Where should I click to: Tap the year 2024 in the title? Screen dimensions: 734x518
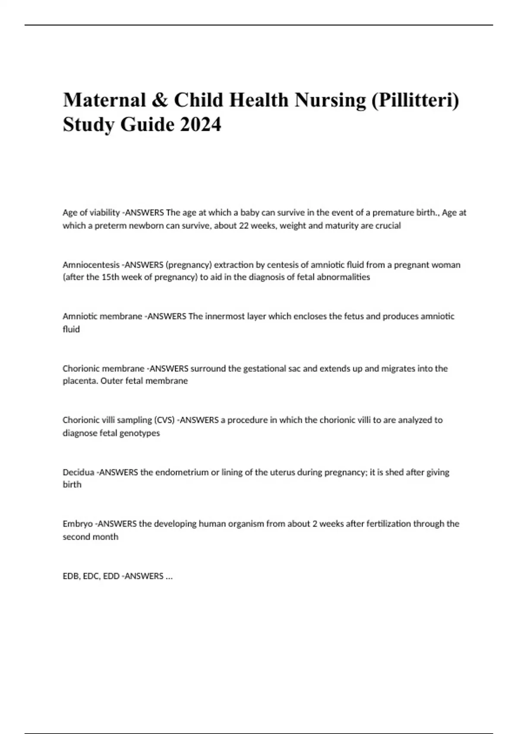pyautogui.click(x=201, y=125)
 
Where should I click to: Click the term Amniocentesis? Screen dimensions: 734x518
pyautogui.click(x=91, y=265)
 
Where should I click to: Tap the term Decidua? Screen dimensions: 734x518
pyautogui.click(x=78, y=472)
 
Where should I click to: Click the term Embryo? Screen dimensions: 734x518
pyautogui.click(x=78, y=524)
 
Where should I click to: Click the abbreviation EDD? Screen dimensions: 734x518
pyautogui.click(x=111, y=576)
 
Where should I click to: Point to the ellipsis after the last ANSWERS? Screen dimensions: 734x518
pyautogui.click(x=169, y=577)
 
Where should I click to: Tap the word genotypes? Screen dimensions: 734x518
pyautogui.click(x=139, y=433)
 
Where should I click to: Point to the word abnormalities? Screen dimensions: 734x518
pyautogui.click(x=343, y=277)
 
